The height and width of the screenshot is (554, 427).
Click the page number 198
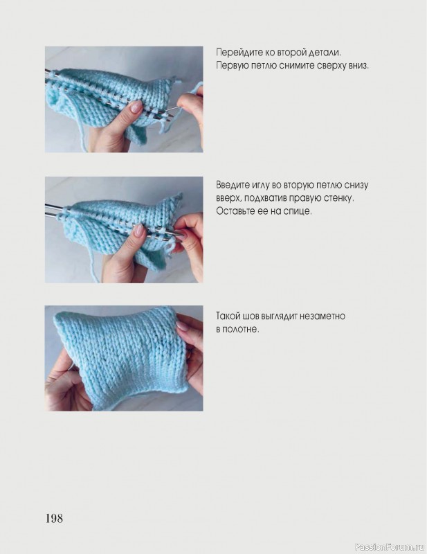pyautogui.click(x=54, y=518)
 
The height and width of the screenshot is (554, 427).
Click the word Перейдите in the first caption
pyautogui.click(x=235, y=53)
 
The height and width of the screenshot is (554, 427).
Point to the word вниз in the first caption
pyautogui.click(x=358, y=66)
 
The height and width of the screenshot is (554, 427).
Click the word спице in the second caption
pyautogui.click(x=300, y=212)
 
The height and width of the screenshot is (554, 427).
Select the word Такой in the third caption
pyautogui.click(x=227, y=316)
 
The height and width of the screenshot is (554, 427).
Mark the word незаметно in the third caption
pyautogui.click(x=322, y=316)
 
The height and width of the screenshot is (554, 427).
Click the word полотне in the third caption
pyautogui.click(x=242, y=330)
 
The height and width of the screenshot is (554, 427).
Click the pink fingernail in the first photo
pyautogui.click(x=136, y=107)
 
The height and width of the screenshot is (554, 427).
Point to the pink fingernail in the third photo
pyautogui.click(x=182, y=326)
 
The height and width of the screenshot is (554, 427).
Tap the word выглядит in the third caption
pyautogui.click(x=279, y=316)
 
